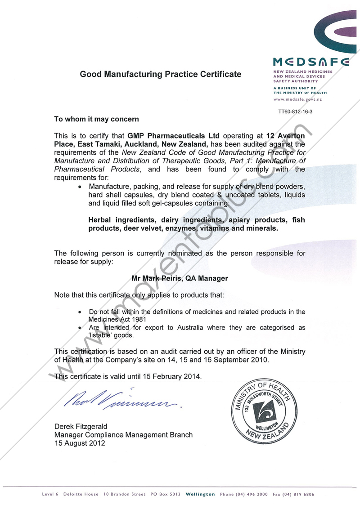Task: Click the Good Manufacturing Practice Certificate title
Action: [x=160, y=74]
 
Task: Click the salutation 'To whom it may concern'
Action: [x=96, y=119]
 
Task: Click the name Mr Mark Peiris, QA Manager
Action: [x=180, y=278]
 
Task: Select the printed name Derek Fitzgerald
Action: [x=81, y=426]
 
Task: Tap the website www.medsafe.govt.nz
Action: [x=297, y=99]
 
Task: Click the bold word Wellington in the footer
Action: [x=200, y=495]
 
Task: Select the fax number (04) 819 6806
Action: [x=298, y=495]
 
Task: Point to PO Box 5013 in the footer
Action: [x=166, y=495]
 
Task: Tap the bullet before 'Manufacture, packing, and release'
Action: [x=80, y=187]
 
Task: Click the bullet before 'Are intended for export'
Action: [x=80, y=328]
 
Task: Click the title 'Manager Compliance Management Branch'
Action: [x=123, y=435]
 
